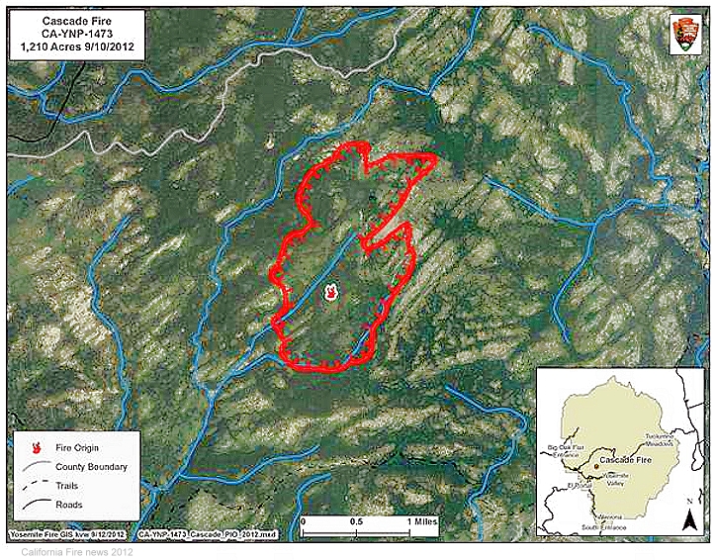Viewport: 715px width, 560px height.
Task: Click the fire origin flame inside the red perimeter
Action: click(329, 292)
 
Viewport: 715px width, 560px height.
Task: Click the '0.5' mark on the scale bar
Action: click(356, 519)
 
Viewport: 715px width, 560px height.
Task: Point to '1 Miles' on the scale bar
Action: click(420, 519)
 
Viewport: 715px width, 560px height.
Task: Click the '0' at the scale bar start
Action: click(303, 519)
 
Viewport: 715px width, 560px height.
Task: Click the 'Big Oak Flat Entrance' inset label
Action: click(567, 452)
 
